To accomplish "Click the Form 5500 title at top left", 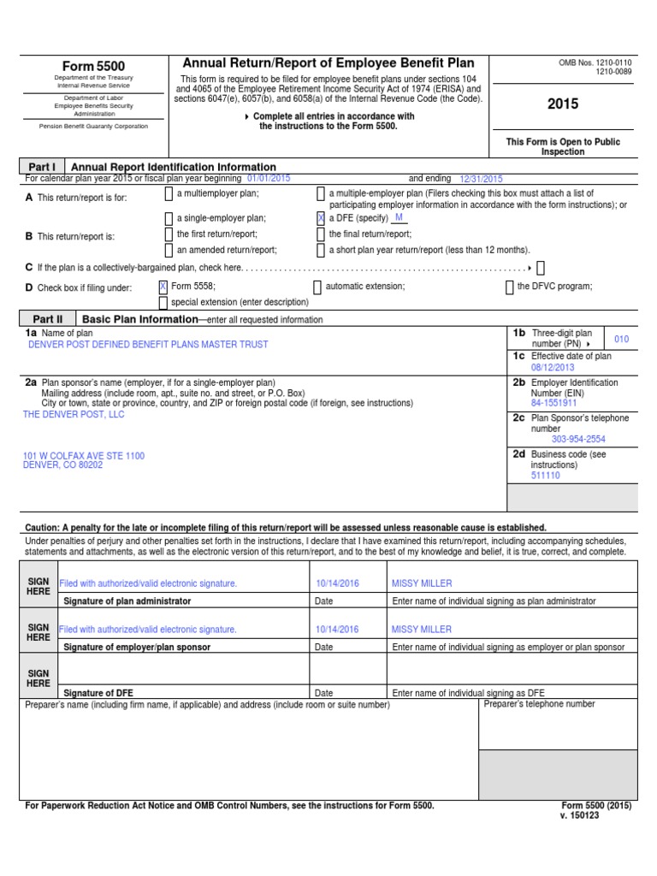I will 93,67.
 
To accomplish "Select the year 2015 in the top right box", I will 563,104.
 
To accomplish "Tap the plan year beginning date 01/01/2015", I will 269,178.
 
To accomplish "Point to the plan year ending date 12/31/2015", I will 481,179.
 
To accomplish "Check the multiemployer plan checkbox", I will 169,194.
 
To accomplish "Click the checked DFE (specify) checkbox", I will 321,218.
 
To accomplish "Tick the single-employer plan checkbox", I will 169,218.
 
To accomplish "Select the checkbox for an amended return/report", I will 169,250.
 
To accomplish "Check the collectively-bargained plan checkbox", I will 541,268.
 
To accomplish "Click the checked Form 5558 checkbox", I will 163,287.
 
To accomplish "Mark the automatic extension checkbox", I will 317,287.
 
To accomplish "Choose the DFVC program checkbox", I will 510,287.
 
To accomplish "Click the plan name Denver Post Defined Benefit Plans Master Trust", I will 148,345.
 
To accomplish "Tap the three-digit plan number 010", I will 621,340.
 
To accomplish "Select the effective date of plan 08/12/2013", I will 553,368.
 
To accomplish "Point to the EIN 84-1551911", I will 553,402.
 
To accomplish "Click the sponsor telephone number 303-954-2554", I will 578,439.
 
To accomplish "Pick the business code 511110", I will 546,475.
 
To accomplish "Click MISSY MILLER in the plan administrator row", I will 421,583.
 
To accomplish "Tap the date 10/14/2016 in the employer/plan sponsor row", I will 337,629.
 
